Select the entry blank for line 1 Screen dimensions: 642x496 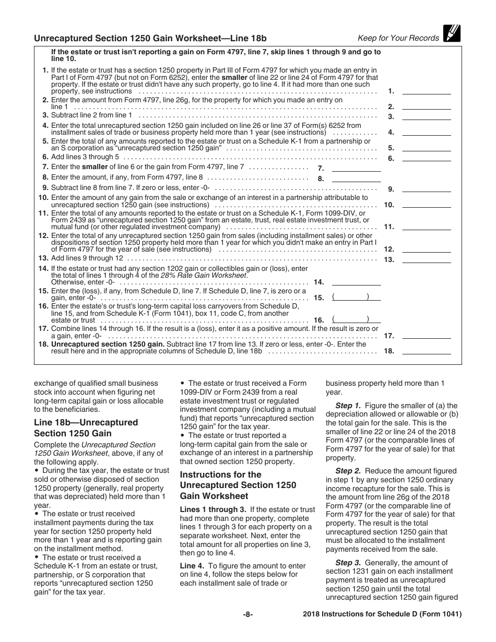click(426, 90)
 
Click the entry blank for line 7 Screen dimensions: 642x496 click(356, 168)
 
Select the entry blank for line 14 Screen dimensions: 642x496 click(356, 282)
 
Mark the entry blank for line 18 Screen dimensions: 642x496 click(426, 351)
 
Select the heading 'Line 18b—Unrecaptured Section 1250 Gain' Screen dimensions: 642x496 click(86, 427)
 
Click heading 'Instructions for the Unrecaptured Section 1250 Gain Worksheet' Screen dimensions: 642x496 click(238, 485)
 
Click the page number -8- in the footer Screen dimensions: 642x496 click(248, 614)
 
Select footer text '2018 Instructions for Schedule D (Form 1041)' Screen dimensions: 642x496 click(382, 614)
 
